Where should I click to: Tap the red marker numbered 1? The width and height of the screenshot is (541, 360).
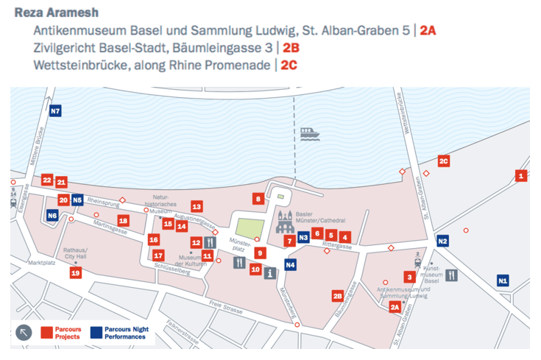pos(521,175)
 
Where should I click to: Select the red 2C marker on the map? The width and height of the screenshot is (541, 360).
pos(443,161)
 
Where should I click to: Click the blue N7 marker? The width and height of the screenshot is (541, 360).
pos(55,112)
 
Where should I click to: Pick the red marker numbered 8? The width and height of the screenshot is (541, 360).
pos(258,198)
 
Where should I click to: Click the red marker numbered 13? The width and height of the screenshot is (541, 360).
pos(197,207)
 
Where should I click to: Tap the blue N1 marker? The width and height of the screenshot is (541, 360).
pos(503,280)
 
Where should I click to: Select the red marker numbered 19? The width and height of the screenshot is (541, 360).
pos(75,273)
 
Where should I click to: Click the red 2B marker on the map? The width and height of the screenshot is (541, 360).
pos(337,296)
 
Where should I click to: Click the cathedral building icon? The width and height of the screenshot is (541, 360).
pos(285,221)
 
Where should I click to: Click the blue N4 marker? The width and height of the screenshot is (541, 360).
pos(290,264)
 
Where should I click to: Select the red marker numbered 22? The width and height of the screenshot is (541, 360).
pos(47,180)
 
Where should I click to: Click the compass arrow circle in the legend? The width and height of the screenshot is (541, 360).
pos(24,332)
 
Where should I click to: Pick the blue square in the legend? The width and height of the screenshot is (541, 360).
pos(96,332)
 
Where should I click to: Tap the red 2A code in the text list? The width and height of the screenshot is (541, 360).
pos(428,31)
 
